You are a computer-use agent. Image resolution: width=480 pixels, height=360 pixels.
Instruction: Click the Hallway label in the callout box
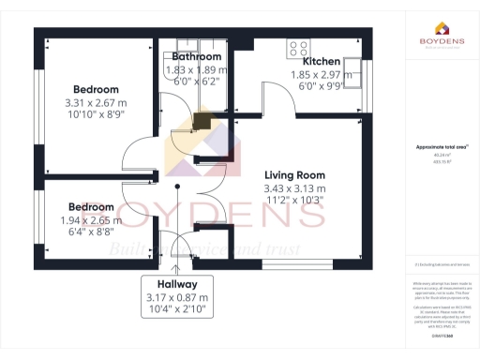coord(176,284)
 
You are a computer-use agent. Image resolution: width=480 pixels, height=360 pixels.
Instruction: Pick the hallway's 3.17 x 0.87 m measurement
coord(176,297)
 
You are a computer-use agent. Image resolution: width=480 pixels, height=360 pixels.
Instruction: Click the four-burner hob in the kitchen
coord(300,47)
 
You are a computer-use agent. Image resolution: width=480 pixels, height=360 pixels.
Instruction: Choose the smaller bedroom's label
coord(92,206)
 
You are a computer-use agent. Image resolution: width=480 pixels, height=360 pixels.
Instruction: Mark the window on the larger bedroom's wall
coord(38,103)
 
